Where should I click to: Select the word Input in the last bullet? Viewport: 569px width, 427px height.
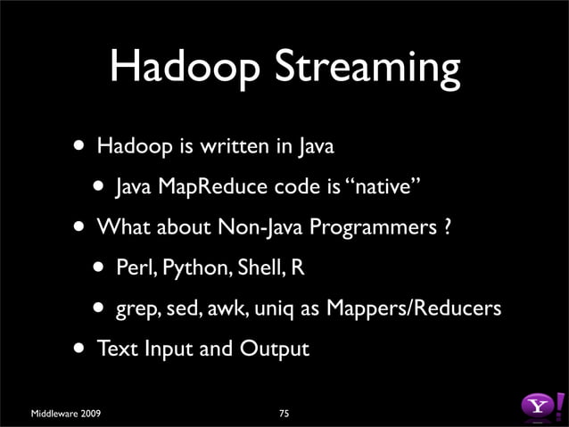(x=167, y=349)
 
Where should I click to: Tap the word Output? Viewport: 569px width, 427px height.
(x=273, y=349)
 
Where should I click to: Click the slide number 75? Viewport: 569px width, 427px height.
(x=284, y=413)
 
